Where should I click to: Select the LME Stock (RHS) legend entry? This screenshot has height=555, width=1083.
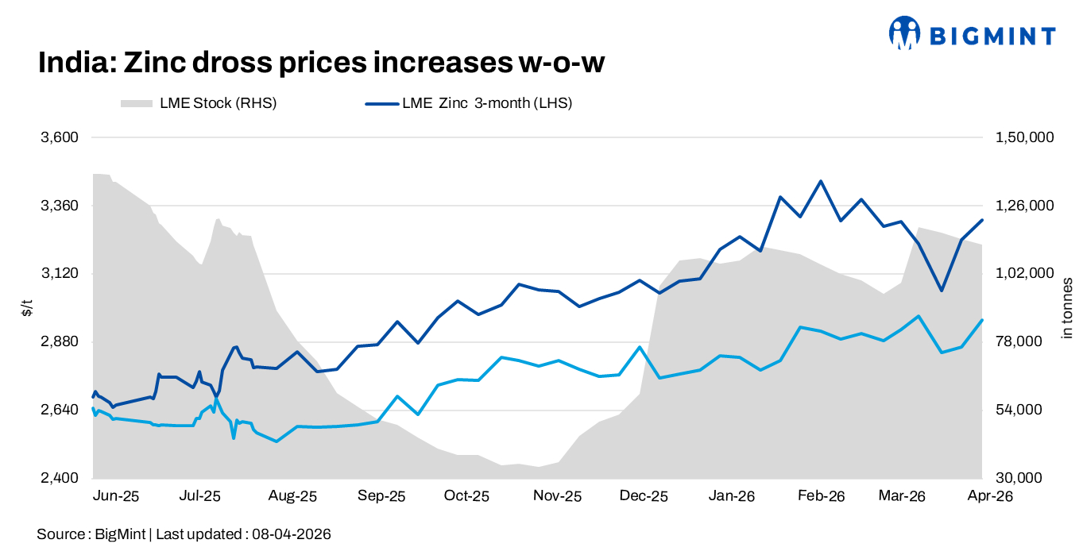pyautogui.click(x=199, y=103)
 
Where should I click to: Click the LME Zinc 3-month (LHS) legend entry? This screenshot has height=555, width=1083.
pyautogui.click(x=469, y=103)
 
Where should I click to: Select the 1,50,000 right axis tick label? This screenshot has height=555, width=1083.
pyautogui.click(x=1023, y=137)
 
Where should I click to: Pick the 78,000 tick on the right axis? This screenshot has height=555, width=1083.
pyautogui.click(x=1019, y=342)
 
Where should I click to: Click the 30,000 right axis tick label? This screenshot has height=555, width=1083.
pyautogui.click(x=1019, y=478)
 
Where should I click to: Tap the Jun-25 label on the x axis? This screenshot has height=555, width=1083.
pyautogui.click(x=117, y=496)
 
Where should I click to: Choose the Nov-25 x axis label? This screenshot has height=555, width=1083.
pyautogui.click(x=557, y=496)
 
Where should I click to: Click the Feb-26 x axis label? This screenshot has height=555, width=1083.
pyautogui.click(x=821, y=496)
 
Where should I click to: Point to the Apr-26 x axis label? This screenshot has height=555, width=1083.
pyautogui.click(x=985, y=496)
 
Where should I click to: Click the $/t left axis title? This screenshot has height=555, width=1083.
pyautogui.click(x=27, y=308)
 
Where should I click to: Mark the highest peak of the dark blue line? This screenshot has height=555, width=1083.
pyautogui.click(x=821, y=181)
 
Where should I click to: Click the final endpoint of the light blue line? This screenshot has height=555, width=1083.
pyautogui.click(x=983, y=320)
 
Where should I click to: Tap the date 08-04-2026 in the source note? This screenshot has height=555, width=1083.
pyautogui.click(x=292, y=534)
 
